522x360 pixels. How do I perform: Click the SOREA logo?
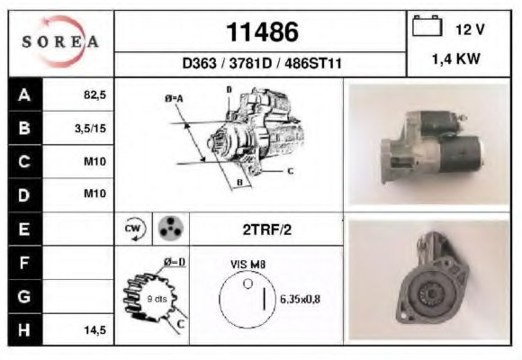coord(60,41)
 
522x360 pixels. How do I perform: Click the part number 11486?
coord(262,32)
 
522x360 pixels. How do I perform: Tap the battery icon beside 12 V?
coord(427,25)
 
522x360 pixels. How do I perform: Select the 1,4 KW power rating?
coord(455,58)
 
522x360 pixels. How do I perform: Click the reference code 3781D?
coord(250,63)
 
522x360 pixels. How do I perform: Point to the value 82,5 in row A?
coord(94,94)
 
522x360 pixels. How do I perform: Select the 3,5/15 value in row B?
coord(90,128)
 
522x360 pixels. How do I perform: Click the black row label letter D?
coord(24,194)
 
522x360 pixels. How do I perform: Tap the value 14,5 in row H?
coord(94,330)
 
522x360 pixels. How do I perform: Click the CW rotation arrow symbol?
coord(134,229)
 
